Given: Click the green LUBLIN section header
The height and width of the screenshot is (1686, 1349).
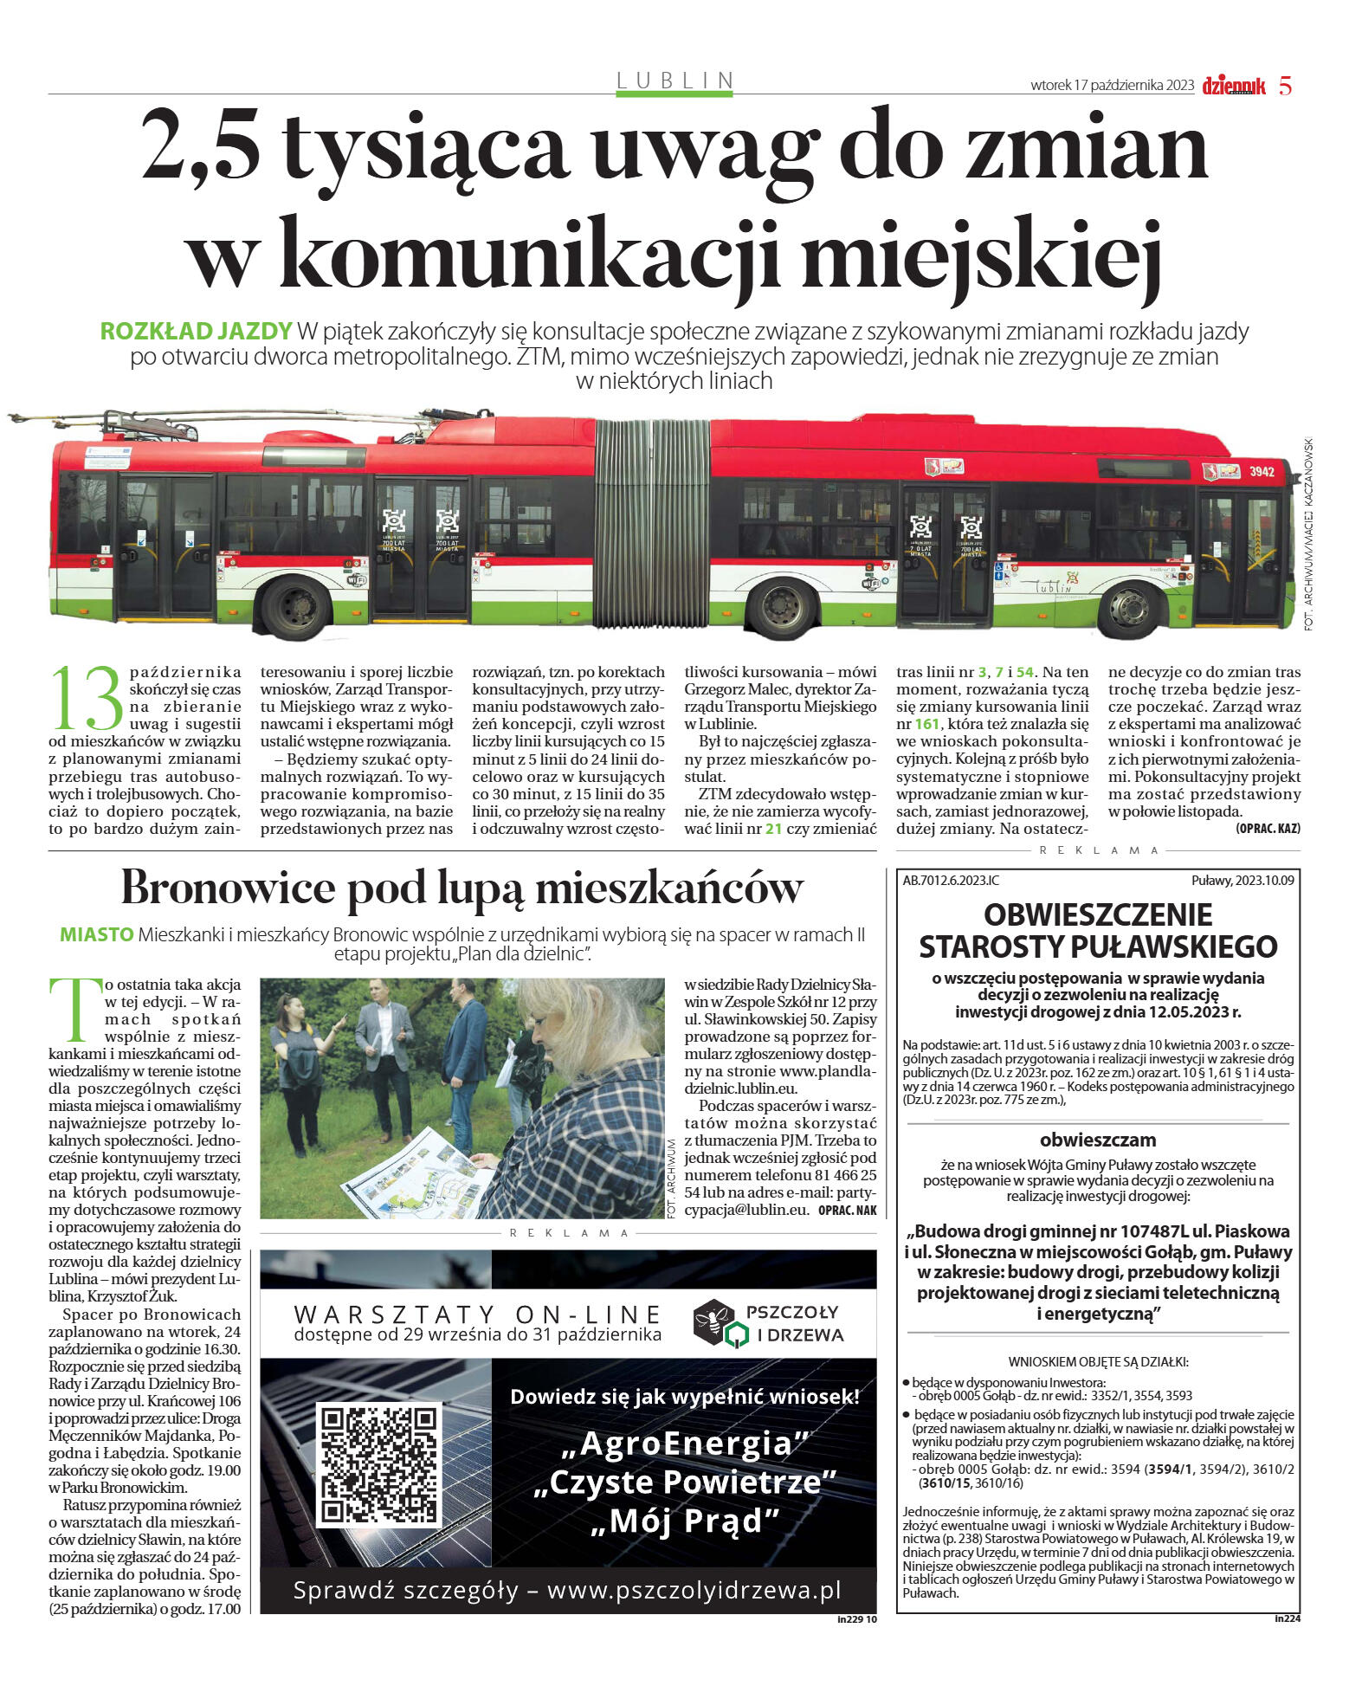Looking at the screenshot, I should (674, 81).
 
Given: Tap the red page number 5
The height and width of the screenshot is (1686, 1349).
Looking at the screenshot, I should (1285, 86).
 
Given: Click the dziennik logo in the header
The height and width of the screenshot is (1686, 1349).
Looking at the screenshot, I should (1233, 85).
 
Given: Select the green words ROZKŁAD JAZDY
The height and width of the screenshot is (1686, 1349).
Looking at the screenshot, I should (196, 332).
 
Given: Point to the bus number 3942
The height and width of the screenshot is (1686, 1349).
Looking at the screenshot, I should (1262, 472).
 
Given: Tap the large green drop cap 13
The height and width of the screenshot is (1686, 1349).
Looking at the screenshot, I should (87, 698).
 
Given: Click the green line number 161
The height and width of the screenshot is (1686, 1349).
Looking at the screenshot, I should (926, 724).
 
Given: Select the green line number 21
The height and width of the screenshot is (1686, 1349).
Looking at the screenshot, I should (773, 829).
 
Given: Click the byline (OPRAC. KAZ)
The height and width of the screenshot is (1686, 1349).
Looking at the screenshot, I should (1268, 829).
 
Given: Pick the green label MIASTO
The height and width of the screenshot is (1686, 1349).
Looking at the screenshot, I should (96, 935).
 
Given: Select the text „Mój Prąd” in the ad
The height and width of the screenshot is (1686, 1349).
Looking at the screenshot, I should (684, 1521).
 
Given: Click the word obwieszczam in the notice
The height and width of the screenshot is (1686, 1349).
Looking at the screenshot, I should (1098, 1140).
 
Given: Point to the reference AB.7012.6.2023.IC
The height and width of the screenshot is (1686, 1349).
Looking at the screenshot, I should (951, 881).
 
